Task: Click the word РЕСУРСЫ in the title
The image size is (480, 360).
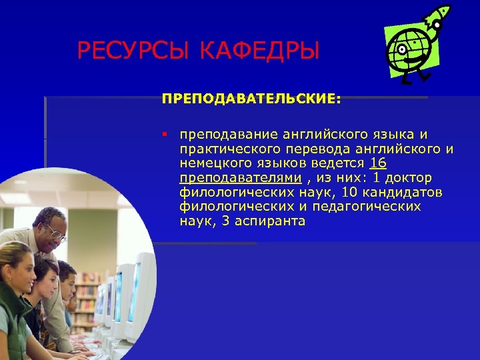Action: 127,51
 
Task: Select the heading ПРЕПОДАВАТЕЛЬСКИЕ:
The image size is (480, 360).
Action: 251,99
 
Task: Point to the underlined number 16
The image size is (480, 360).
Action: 378,163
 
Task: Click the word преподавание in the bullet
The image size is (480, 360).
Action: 226,135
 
